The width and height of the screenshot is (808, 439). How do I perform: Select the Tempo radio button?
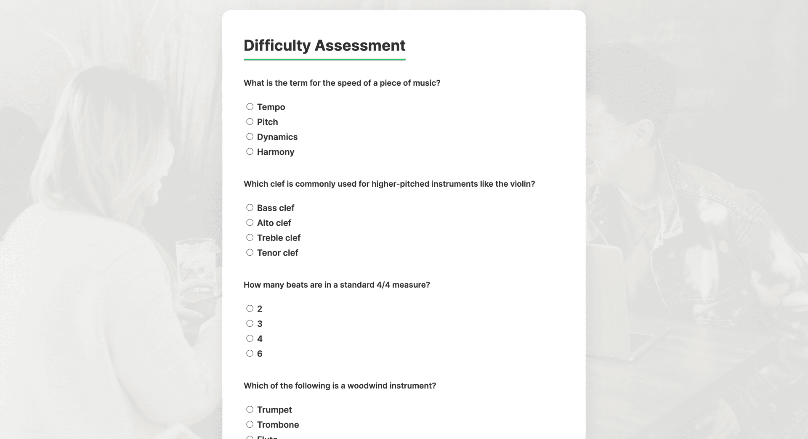click(250, 107)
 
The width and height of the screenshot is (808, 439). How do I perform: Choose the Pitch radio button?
click(250, 122)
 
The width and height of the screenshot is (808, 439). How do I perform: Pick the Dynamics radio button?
click(250, 137)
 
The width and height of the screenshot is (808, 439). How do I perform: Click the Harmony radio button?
click(250, 151)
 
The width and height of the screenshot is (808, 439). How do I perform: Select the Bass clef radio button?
click(250, 208)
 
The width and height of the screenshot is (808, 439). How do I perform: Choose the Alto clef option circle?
click(250, 222)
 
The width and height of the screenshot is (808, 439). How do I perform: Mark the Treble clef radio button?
click(250, 238)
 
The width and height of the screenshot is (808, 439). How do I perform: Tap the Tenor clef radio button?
click(250, 252)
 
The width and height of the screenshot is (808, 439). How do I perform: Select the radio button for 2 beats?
click(250, 309)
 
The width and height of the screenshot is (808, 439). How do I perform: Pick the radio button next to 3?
click(250, 323)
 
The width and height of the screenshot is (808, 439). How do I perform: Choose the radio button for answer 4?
click(250, 339)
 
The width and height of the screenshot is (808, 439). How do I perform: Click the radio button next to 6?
click(250, 353)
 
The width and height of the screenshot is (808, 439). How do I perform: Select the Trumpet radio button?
click(250, 410)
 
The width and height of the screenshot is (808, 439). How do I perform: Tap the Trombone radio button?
click(250, 424)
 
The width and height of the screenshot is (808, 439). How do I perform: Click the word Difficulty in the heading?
click(277, 45)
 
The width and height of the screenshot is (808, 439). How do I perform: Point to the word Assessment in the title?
click(360, 45)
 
